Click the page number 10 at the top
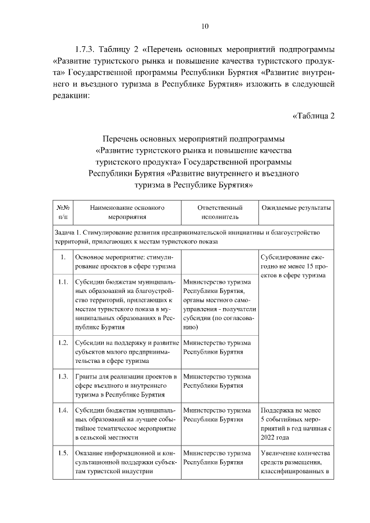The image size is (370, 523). [205, 25]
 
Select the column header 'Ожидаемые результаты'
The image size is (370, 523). [296, 207]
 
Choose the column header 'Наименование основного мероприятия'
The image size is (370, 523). [124, 212]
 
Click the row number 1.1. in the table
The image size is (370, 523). [63, 282]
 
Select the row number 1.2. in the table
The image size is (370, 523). [63, 342]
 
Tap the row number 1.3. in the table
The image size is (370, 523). [63, 377]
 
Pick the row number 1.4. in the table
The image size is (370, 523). [63, 410]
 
